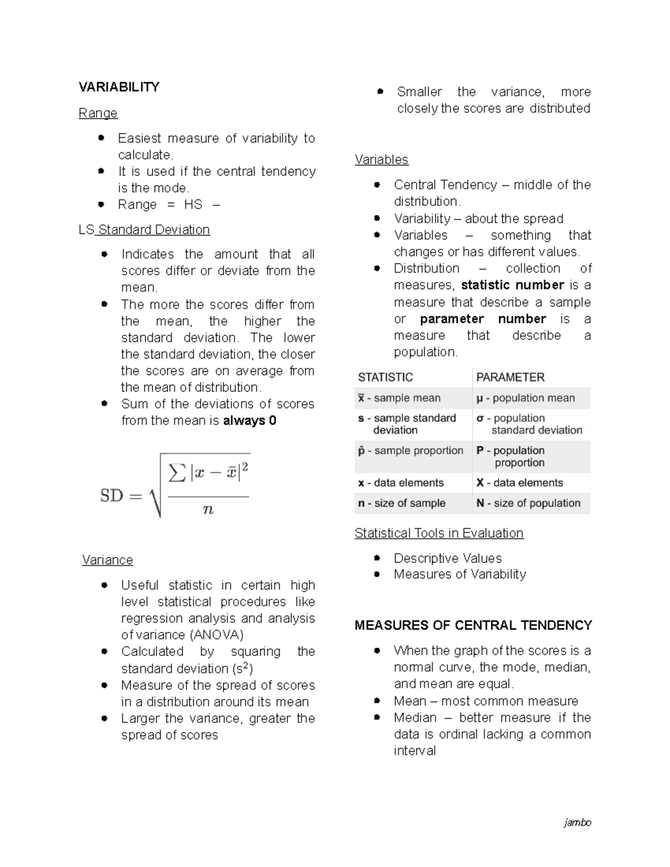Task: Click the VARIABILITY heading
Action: coord(119,87)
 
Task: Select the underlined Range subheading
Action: coord(98,113)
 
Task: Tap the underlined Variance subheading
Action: coord(107,560)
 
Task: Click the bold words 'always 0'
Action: coord(250,420)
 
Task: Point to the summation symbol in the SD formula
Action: coord(177,473)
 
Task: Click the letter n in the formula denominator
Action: coord(208,509)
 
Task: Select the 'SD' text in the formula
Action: coord(112,496)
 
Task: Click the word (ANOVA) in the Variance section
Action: coord(217,635)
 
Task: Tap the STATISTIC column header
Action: coord(385,377)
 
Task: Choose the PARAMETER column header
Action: coord(510,377)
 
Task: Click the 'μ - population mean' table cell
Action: coord(525,398)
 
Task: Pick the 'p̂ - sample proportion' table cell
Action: coord(410,451)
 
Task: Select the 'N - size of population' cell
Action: coord(528,503)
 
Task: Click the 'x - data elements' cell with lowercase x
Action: coord(400,483)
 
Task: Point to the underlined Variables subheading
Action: coord(381,160)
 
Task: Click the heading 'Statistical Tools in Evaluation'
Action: coord(439,533)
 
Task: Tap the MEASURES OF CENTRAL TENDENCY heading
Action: coord(473,625)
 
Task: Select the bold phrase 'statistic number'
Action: coord(513,285)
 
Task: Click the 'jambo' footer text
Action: coord(577,822)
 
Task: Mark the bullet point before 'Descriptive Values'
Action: coord(377,558)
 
